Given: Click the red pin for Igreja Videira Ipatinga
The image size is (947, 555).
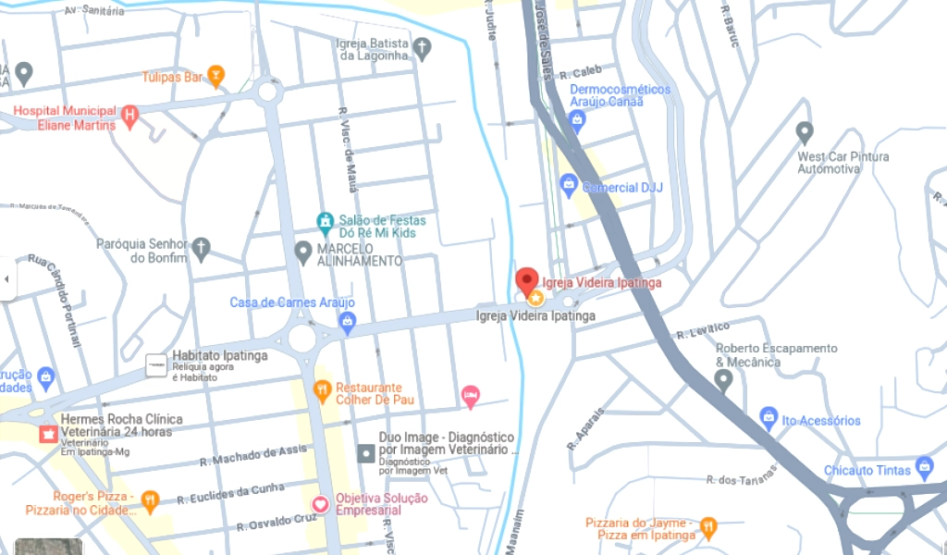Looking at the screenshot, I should pos(527,279).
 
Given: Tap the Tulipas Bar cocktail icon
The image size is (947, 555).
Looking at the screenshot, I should pos(215,76).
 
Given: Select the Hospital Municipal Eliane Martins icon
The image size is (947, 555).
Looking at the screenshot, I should pos(129,117).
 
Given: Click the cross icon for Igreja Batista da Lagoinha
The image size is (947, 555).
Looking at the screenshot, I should pos(422,48).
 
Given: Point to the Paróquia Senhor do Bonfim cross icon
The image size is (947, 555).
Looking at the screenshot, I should pos(201,248).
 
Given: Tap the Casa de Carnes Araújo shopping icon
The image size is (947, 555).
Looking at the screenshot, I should pos(348,322).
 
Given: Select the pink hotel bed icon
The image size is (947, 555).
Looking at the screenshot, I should pos(471,396).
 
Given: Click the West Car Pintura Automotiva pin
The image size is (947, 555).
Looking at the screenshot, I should pos(805,132).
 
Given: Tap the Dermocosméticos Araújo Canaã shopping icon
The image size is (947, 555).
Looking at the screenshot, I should pos(577,119).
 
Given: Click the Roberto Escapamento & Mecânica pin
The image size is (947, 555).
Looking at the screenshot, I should pos(724,380).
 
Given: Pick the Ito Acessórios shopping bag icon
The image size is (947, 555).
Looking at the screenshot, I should pos(768,419).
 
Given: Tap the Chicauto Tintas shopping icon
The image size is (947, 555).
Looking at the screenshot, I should pos(923,467).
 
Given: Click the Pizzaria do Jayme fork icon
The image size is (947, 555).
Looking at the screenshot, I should pos(708,527).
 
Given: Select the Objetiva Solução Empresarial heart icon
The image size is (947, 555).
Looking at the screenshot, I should pos(321,504).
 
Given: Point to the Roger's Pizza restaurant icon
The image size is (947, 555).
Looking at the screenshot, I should pos(150,502).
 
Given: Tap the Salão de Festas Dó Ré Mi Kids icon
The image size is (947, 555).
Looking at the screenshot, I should pos(325,222).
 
